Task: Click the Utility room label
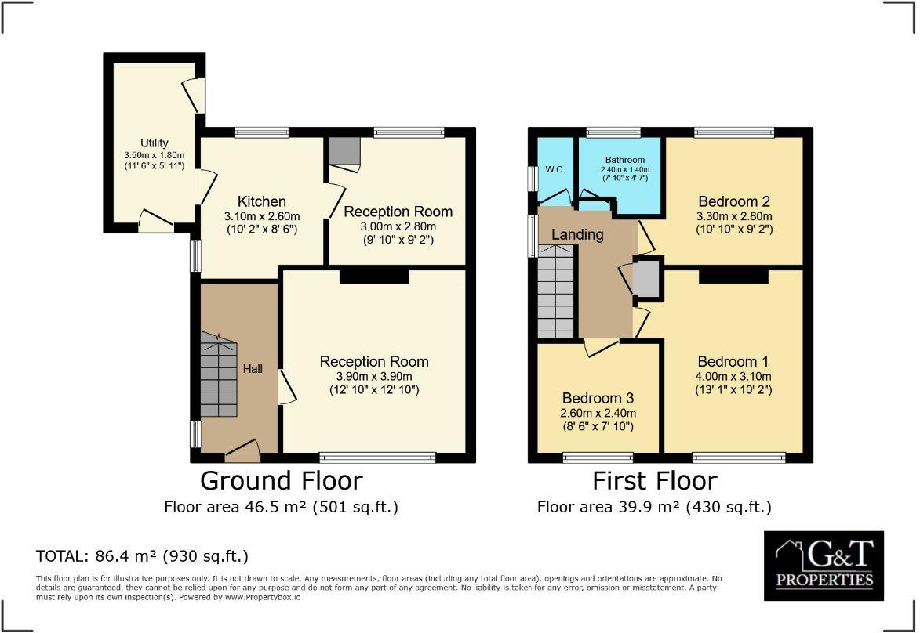154,143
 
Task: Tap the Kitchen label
263,201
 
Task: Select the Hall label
253,369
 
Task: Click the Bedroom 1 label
733,362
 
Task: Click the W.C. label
555,170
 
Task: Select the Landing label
577,234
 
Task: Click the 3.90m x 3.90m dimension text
374,376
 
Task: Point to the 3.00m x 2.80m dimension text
398,226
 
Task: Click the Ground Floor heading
282,479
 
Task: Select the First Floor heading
654,479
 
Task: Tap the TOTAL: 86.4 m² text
142,556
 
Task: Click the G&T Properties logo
824,566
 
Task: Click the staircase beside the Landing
556,291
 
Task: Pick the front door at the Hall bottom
242,449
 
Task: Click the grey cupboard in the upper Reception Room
344,150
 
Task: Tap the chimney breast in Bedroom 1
733,276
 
